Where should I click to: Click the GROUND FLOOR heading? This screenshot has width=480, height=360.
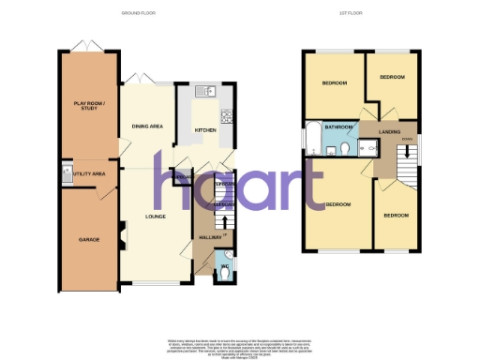point(137,14)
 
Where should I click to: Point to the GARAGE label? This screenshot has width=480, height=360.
point(89,239)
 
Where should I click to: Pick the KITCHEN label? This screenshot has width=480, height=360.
point(204,129)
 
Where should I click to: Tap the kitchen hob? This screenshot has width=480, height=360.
point(226,116)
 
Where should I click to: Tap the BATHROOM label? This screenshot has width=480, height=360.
point(337,127)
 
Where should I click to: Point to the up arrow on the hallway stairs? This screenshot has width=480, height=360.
point(226,223)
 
